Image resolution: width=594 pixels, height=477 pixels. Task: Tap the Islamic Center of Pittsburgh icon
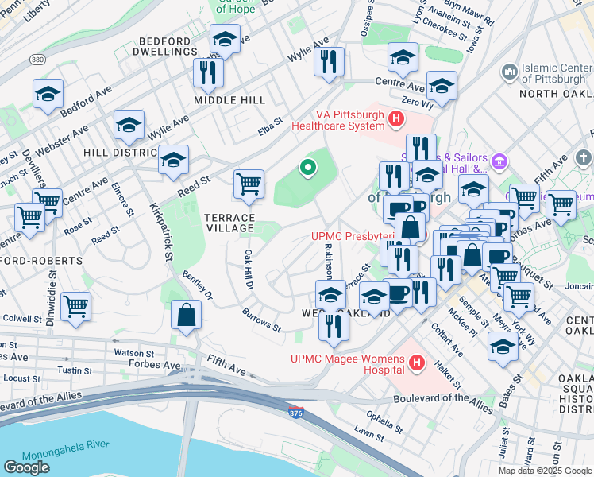point(510,73)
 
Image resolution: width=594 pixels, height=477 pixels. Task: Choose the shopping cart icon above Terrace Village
point(249,184)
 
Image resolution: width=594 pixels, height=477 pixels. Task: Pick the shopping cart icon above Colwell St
point(75,305)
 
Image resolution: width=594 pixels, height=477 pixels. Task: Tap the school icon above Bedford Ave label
point(48,94)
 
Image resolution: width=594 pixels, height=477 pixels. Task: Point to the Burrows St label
point(261,320)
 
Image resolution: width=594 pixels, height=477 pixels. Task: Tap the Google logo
point(26,467)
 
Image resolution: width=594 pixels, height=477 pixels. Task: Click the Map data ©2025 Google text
point(544,471)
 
